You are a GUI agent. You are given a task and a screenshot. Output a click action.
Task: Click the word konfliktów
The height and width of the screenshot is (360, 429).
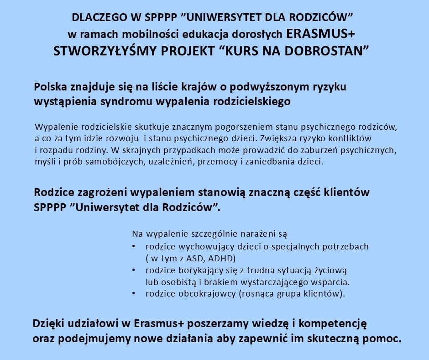coord(353,138)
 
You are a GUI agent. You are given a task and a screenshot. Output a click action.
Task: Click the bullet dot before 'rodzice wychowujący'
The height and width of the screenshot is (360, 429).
coord(133,247)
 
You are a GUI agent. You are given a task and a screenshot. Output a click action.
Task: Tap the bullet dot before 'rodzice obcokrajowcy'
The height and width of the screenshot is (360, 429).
coord(133,294)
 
